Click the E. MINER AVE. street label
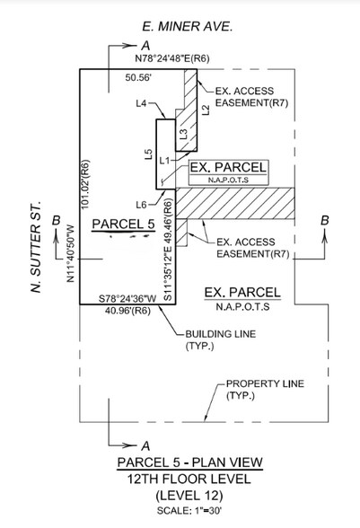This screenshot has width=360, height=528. click(x=188, y=27)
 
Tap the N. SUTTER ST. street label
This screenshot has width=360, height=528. click(x=36, y=247)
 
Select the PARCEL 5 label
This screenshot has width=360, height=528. click(x=123, y=224)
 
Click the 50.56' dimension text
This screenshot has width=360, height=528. click(x=138, y=77)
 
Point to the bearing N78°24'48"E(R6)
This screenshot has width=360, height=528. click(x=172, y=58)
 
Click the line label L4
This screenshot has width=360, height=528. click(x=141, y=104)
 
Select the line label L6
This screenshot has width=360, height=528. click(x=142, y=205)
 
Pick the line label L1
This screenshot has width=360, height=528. click(x=164, y=161)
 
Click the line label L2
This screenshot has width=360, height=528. click(x=206, y=110)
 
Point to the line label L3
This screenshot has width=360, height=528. click(x=183, y=135)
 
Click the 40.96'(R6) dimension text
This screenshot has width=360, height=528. click(x=127, y=311)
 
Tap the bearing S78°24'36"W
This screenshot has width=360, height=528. click(x=128, y=298)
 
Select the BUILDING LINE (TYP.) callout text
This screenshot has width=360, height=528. click(x=221, y=340)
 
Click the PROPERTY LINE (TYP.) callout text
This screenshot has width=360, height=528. click(x=265, y=390)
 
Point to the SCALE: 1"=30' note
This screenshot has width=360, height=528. click(x=189, y=510)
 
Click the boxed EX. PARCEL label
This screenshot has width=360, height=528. click(x=228, y=172)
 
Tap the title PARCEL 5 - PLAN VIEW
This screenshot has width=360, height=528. click(x=189, y=462)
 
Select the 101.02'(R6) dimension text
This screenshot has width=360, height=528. click(x=85, y=184)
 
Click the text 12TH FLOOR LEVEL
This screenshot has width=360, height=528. click(x=189, y=479)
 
